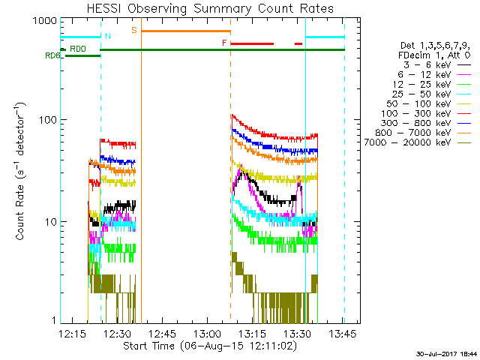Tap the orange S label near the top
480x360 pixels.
pos(134,30)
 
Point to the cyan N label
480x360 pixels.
pos(108,35)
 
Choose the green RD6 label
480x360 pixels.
pos(52,55)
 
